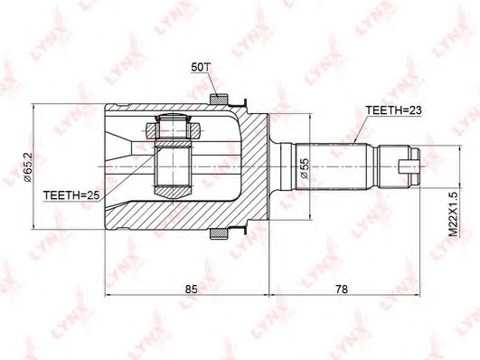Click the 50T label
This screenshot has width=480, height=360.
click(x=200, y=69)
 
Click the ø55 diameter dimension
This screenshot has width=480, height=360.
click(x=305, y=168)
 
